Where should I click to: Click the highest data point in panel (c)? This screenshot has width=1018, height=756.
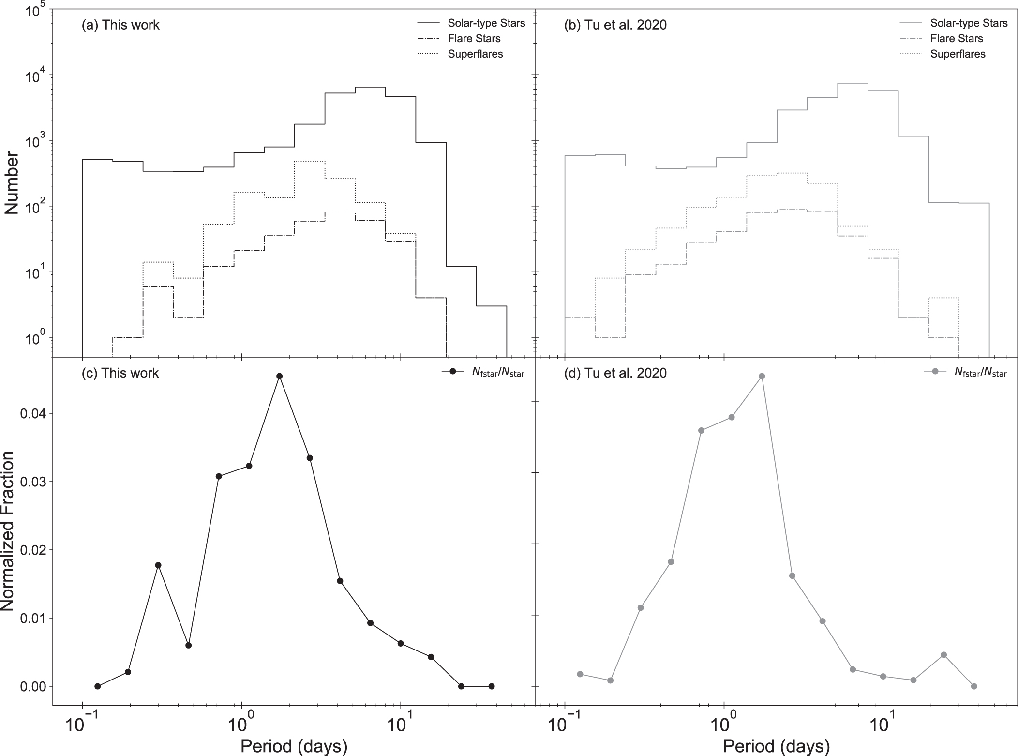click(x=279, y=376)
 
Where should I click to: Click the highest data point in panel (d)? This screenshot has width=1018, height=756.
click(x=762, y=376)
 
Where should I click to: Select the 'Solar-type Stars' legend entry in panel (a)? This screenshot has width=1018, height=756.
click(x=486, y=23)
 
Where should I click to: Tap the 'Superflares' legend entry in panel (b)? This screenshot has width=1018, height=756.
click(x=958, y=54)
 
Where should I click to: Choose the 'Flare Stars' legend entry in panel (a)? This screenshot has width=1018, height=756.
click(x=474, y=38)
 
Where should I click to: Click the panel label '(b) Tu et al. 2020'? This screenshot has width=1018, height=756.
click(x=615, y=25)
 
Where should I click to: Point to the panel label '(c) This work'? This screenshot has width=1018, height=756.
click(x=120, y=373)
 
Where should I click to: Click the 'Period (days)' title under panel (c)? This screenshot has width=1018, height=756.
click(x=294, y=746)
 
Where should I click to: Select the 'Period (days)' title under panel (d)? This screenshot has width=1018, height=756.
click(x=776, y=746)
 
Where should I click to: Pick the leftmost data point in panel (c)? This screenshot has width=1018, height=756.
click(x=98, y=686)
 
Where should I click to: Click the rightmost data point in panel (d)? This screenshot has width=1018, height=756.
click(x=974, y=686)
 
